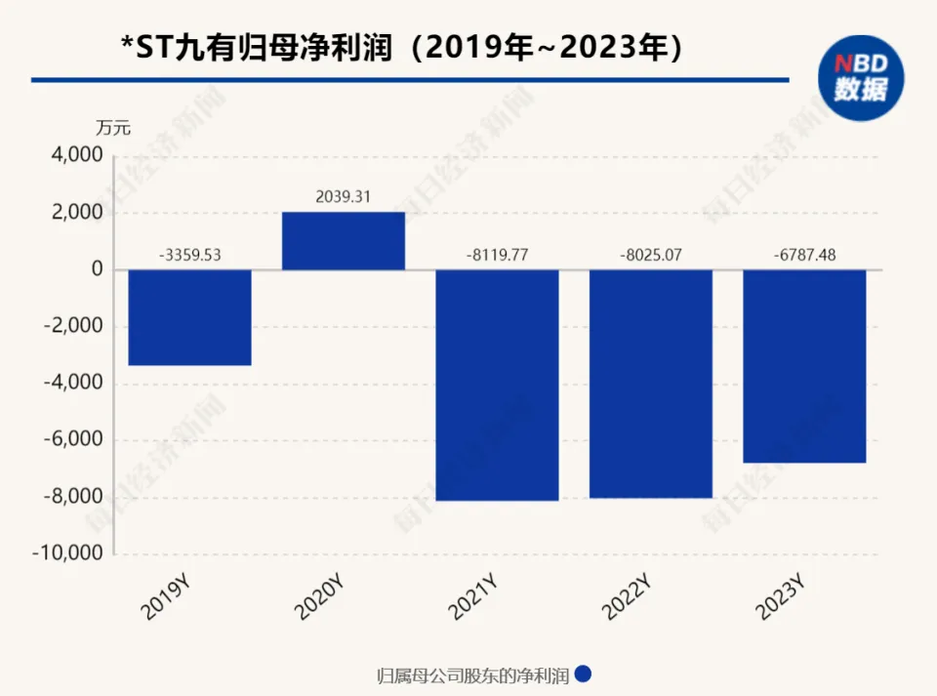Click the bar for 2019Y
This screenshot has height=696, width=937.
(189, 317)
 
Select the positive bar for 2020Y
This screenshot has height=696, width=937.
(344, 241)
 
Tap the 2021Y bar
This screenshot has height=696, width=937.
(497, 385)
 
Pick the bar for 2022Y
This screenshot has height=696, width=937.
(651, 384)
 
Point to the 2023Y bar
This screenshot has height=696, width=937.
(804, 366)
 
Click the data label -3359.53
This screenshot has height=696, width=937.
(190, 256)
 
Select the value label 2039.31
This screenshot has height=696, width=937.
(344, 197)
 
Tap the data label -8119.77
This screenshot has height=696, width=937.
(497, 256)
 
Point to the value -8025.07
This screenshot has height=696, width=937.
(651, 256)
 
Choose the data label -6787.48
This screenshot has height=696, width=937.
(804, 256)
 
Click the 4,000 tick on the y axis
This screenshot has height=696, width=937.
(77, 156)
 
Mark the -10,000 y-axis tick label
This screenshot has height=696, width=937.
(70, 553)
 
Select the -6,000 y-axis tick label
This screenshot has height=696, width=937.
(74, 440)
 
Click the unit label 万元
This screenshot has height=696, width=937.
(112, 127)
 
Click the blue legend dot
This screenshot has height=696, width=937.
(585, 675)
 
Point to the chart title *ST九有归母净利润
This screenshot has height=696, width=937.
(258, 48)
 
